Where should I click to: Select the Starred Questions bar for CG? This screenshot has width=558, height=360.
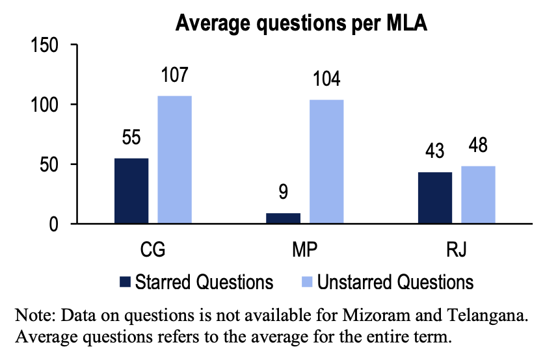131,191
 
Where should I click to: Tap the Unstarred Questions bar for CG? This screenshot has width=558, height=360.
175,160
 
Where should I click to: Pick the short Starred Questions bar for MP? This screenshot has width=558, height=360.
284,218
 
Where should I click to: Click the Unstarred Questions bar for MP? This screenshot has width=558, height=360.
326,162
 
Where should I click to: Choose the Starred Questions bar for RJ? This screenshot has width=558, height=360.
435,198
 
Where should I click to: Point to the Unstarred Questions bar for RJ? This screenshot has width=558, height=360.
478,195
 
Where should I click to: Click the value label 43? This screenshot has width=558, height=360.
435,151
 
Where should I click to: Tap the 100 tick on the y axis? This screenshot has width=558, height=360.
46,105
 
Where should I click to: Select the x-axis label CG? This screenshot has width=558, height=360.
153,250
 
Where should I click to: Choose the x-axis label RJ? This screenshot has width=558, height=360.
457,250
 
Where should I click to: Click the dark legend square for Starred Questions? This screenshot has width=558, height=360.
126,282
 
